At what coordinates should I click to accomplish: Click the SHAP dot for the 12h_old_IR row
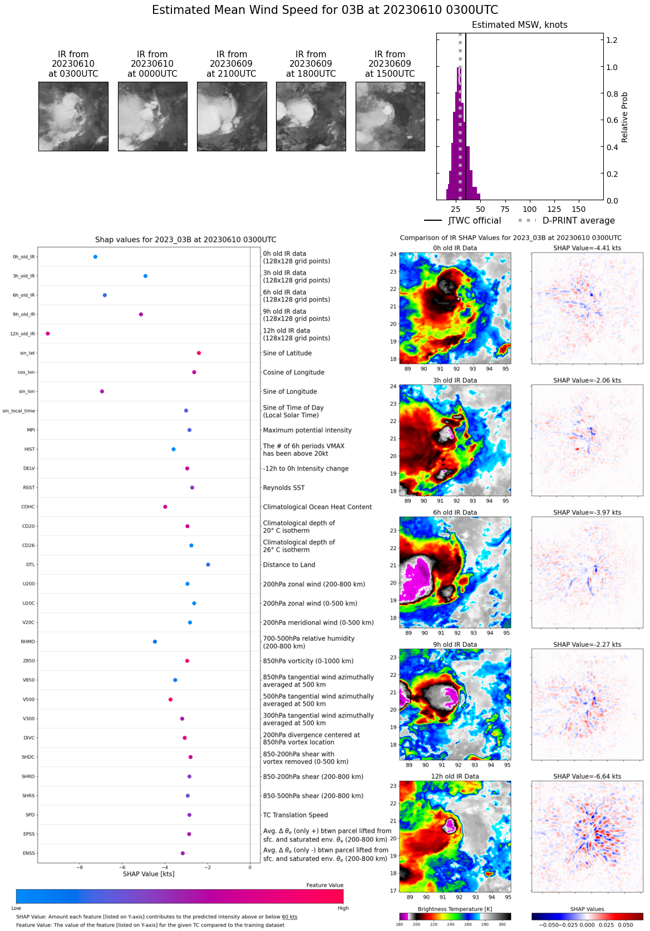tap(48, 334)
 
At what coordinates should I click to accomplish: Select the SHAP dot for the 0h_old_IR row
tap(95, 257)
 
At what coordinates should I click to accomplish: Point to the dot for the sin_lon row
tap(102, 392)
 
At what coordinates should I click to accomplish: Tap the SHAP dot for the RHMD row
tap(155, 642)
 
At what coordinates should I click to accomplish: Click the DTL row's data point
tap(208, 564)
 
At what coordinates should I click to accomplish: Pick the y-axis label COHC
tap(28, 507)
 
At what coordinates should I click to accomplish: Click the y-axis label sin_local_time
tap(18, 411)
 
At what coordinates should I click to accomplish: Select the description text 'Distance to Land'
tap(289, 565)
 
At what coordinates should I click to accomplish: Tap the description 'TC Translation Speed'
tap(295, 815)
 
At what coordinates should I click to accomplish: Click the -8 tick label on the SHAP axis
tap(80, 867)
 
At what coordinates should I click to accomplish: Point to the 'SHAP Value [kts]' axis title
tap(149, 874)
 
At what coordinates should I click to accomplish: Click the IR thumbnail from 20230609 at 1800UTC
tap(311, 116)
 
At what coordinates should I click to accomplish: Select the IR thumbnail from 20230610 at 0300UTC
tap(73, 116)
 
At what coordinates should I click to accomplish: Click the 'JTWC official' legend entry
tap(474, 221)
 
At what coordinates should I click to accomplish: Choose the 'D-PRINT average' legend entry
tap(578, 221)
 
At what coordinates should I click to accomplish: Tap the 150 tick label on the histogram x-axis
tap(579, 210)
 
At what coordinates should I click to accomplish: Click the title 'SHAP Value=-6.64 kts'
tap(587, 776)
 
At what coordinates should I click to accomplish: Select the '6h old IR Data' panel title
tap(455, 513)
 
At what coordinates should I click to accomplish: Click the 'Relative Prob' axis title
tap(624, 117)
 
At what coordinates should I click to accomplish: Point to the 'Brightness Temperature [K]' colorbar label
tap(455, 909)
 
